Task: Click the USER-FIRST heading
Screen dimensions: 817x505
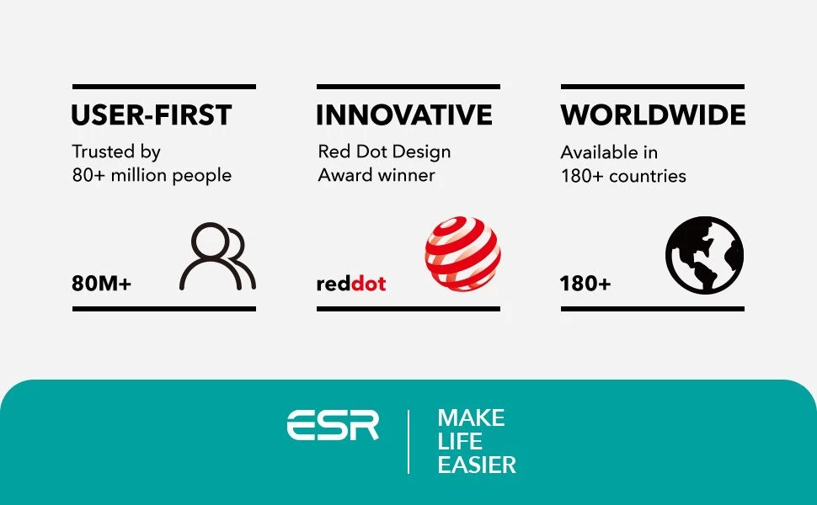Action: (151, 115)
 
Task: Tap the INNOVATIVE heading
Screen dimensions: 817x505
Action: (404, 115)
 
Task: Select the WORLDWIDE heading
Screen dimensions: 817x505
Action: (653, 115)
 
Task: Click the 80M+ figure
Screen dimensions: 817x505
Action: (101, 284)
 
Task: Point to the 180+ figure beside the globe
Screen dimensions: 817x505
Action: (585, 284)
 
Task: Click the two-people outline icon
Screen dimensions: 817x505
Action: (217, 256)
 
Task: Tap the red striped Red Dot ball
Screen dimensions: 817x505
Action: (462, 253)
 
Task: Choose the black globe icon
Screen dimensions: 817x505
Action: (704, 255)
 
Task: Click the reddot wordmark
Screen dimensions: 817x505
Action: (351, 284)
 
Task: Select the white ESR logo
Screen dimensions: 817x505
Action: (333, 425)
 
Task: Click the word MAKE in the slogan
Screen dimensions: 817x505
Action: (471, 418)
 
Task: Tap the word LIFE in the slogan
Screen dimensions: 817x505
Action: (460, 442)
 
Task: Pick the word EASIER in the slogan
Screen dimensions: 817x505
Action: (477, 465)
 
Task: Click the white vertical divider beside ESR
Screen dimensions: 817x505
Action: (408, 442)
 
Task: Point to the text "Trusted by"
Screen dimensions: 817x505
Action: (116, 152)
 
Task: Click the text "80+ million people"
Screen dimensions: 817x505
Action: (152, 175)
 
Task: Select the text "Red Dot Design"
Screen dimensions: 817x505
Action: (385, 152)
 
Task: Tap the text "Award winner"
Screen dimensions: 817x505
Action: (376, 175)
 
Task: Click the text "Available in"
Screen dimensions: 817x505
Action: (609, 152)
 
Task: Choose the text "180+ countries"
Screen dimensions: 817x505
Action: (623, 176)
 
